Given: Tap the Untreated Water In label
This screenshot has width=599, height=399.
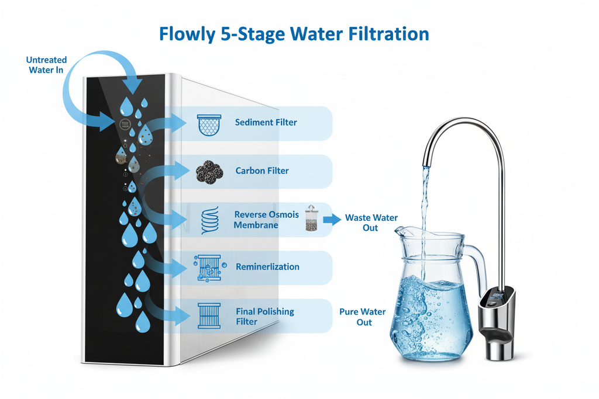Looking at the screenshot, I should click(x=47, y=65).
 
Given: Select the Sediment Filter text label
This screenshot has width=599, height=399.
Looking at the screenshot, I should click(x=266, y=123).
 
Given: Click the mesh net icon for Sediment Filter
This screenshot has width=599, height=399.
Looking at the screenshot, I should click(x=209, y=124).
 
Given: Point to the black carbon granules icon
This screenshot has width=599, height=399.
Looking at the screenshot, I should click(x=209, y=171).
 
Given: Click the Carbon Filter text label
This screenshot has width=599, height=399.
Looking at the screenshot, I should click(x=262, y=171).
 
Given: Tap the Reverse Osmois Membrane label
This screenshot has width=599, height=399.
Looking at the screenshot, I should click(x=266, y=220).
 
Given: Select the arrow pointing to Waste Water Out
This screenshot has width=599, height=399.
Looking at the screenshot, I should click(x=332, y=220).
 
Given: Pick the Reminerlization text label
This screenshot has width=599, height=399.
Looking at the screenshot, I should click(x=267, y=267).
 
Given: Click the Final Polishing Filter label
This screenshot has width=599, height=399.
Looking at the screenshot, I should click(x=264, y=317).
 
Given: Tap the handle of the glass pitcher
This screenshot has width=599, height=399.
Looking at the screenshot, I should click(x=478, y=268).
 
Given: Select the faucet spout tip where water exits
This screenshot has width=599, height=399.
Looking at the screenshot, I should click(x=426, y=162).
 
